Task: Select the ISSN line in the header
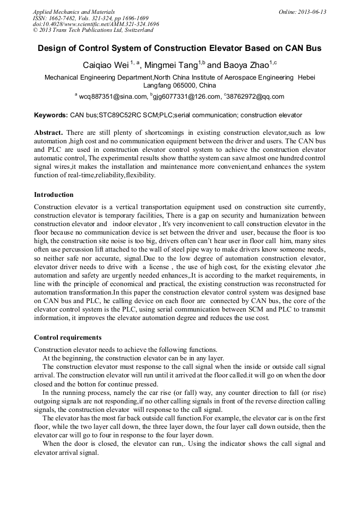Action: tap(90, 18)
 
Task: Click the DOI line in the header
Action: tap(96, 24)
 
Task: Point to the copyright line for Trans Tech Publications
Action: tap(93, 30)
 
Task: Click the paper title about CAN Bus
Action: tap(179, 48)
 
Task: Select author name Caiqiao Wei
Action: tap(107, 65)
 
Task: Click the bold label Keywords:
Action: tap(51, 115)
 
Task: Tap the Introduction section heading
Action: tap(54, 195)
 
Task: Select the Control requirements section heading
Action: tap(67, 338)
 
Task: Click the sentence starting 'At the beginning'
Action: tap(133, 358)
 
